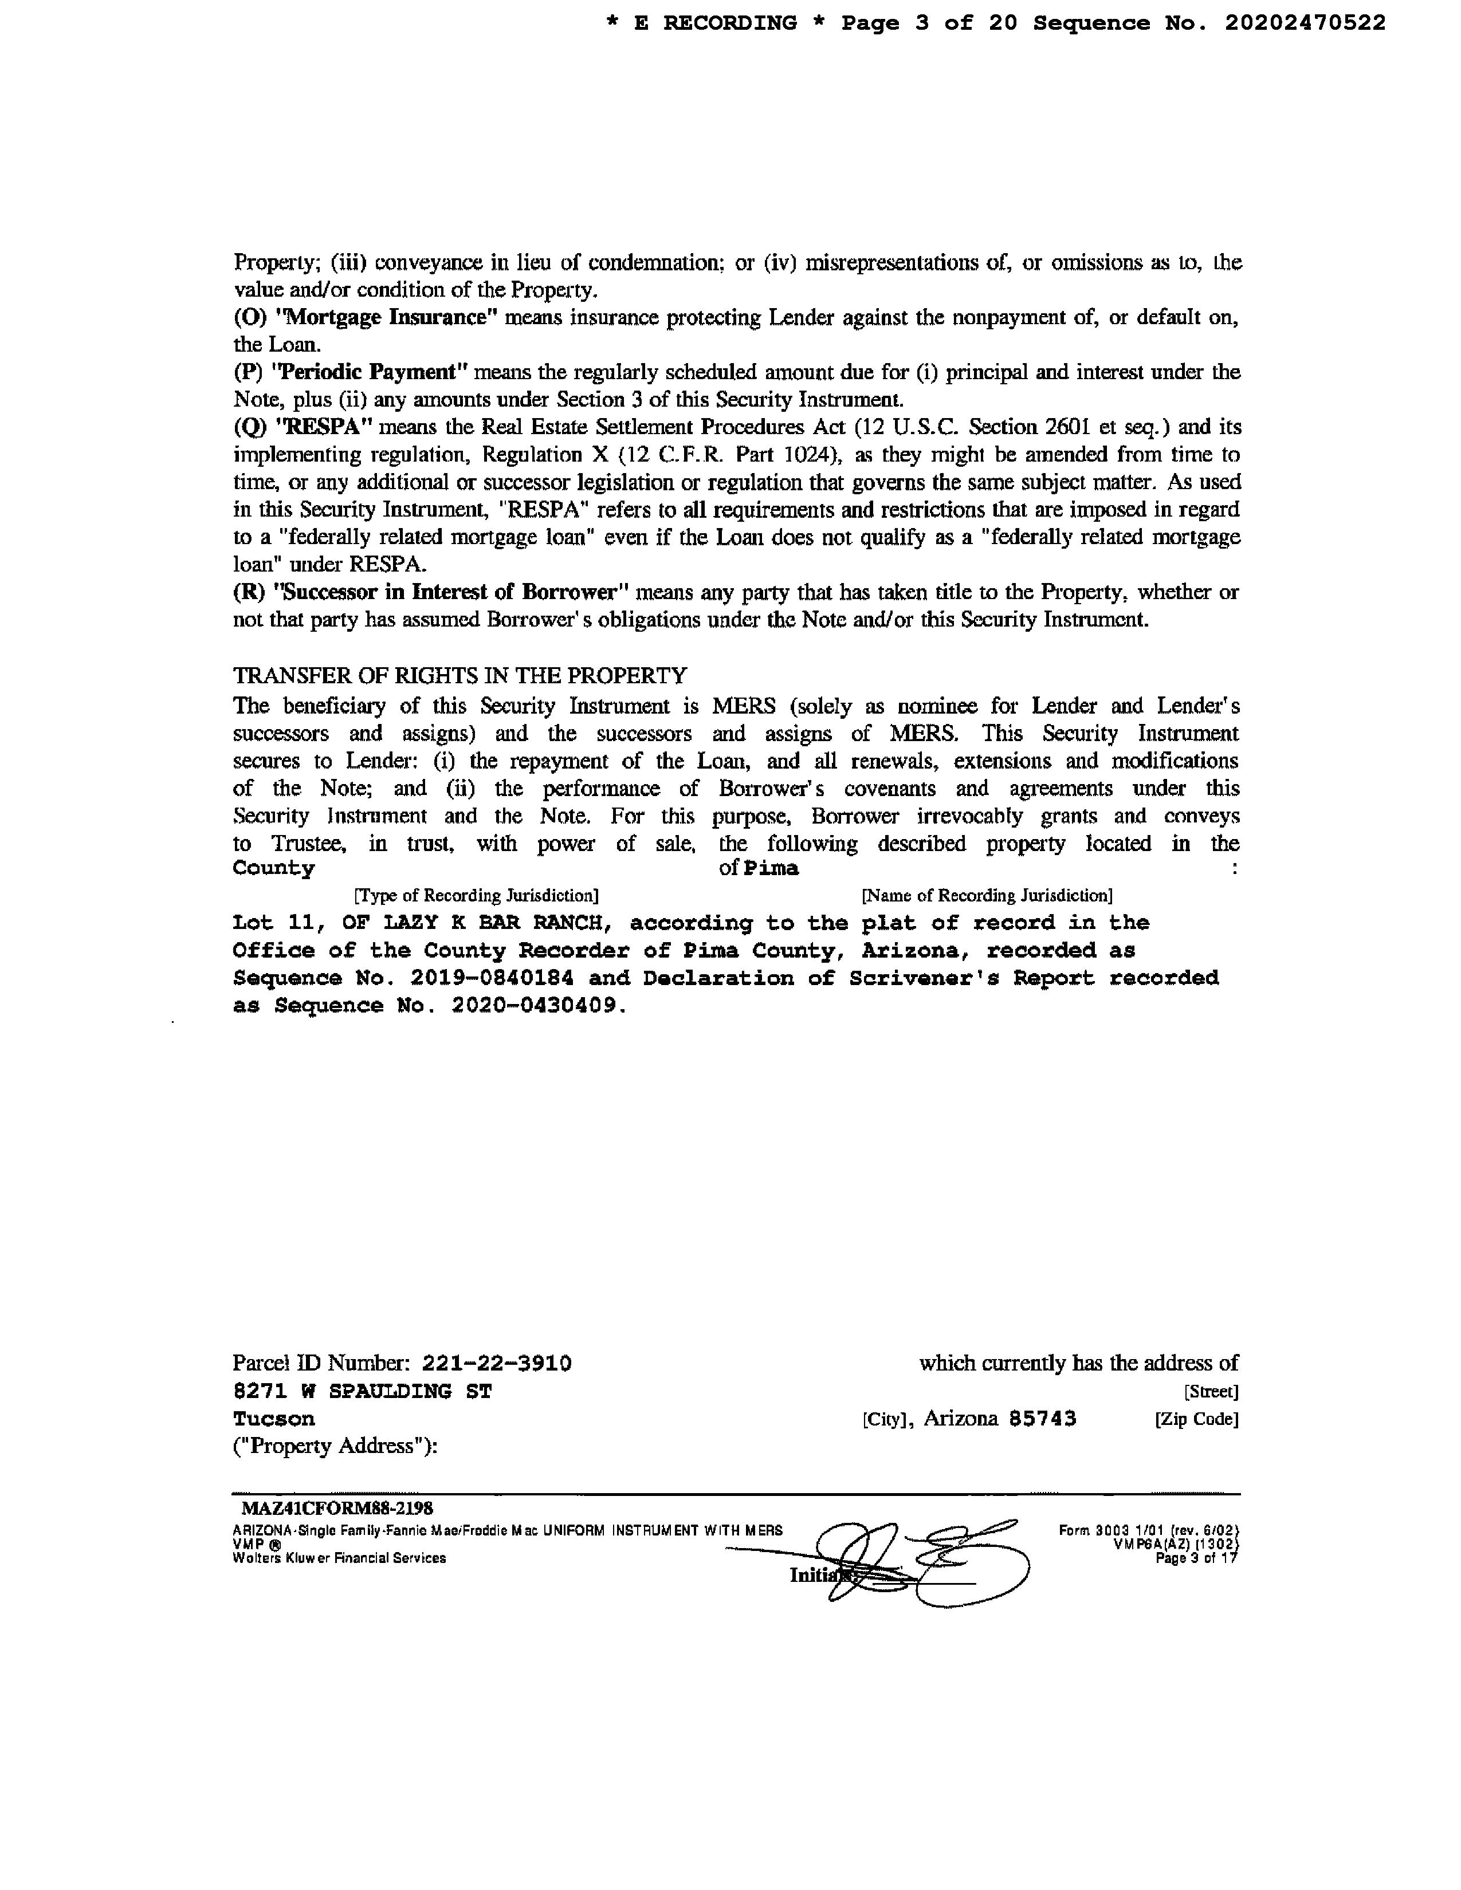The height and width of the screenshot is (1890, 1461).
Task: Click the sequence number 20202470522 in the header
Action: coord(1305,23)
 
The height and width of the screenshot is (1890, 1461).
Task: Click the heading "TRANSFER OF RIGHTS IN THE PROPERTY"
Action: coord(459,675)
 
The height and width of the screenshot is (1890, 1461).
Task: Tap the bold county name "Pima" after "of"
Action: coord(771,868)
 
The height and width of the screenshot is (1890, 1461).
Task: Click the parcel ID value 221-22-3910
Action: coord(496,1364)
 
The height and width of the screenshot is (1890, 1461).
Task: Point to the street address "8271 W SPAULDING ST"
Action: coord(362,1392)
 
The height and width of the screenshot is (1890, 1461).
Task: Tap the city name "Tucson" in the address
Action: coord(273,1419)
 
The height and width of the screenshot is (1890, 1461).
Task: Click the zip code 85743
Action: coord(1043,1419)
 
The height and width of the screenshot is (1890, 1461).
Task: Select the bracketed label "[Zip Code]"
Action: coord(1196,1420)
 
